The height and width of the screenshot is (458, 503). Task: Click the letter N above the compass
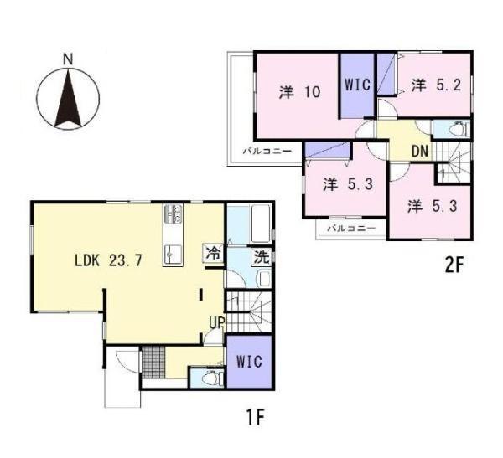68,59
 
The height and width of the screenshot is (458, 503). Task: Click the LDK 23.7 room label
108,260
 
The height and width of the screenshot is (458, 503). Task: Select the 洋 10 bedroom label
299,92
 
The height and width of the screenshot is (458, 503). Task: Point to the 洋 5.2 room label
436,85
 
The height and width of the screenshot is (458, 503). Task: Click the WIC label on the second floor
357,85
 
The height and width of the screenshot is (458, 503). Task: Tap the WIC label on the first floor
249,361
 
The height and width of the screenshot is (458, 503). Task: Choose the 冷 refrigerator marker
213,254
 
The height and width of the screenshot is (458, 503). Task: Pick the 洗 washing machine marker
262,257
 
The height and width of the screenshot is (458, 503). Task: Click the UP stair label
216,322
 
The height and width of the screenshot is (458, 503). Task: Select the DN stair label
420,151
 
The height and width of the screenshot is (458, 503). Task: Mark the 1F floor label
255,417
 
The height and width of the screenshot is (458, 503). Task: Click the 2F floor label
454,265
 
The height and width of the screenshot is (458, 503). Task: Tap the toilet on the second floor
457,129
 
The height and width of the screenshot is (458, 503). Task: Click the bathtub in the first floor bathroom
261,224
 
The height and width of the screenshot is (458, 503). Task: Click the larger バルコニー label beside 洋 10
267,151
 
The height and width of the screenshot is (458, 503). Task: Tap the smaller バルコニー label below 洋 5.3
351,229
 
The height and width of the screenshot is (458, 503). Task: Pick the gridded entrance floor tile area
153,363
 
